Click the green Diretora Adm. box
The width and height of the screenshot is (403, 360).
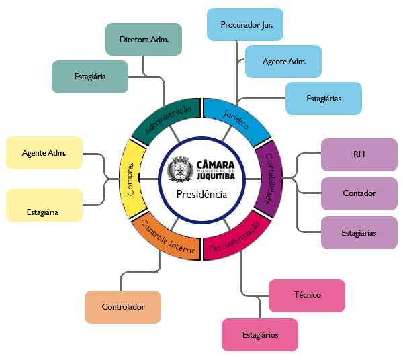click(143, 39)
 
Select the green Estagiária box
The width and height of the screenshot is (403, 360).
click(89, 77)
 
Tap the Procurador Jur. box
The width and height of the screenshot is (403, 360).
click(244, 26)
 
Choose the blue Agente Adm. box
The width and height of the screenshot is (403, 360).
click(284, 62)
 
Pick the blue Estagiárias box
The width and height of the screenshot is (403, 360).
click(324, 98)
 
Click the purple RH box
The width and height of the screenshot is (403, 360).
click(359, 154)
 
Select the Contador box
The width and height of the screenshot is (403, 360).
click(359, 193)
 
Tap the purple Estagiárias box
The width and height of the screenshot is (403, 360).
click(359, 232)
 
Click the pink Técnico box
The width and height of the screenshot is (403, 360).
click(307, 295)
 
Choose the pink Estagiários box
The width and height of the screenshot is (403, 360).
click(259, 334)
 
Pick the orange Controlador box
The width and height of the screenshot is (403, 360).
click(123, 307)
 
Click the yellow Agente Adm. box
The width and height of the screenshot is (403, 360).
click(44, 152)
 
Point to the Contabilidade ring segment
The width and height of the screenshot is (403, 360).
click(267, 178)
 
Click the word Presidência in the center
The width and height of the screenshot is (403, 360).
click(201, 195)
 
